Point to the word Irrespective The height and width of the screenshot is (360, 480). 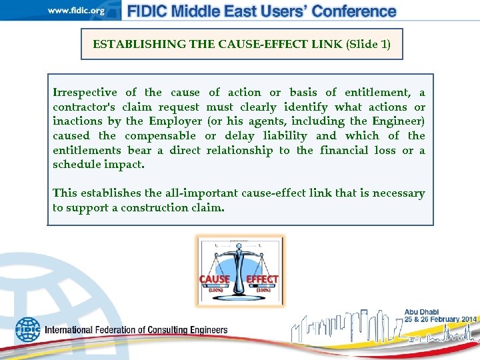pos(85,93)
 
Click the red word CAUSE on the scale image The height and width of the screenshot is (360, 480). pos(215,279)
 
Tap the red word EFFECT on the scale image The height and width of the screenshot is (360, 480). pos(262,279)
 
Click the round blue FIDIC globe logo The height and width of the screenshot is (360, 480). pos(27,329)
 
